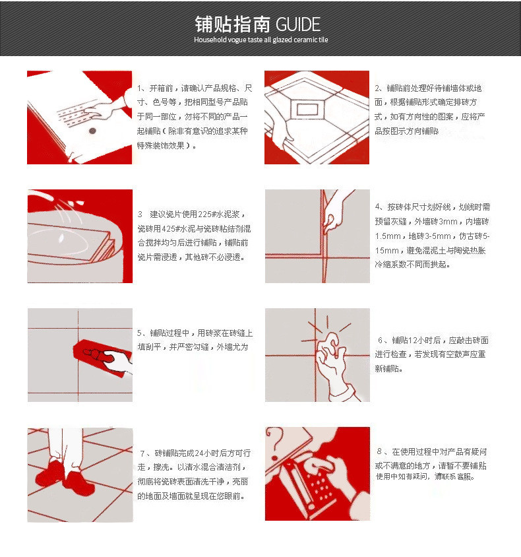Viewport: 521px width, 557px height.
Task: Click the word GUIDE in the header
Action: pos(298,24)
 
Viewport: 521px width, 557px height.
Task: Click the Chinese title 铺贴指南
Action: pos(232,24)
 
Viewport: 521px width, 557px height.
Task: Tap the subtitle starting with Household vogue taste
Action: pos(261,40)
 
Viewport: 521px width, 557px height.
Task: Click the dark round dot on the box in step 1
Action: pos(92,131)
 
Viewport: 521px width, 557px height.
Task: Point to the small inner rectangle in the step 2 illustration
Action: pos(308,110)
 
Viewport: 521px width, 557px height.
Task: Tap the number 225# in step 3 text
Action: pos(205,214)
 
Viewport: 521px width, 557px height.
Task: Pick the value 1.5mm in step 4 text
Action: pos(388,236)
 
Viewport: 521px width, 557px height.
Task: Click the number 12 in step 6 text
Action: pos(412,341)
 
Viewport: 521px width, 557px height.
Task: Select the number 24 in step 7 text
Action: pos(199,453)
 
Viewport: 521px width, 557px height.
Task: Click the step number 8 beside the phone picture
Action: pos(379,451)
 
